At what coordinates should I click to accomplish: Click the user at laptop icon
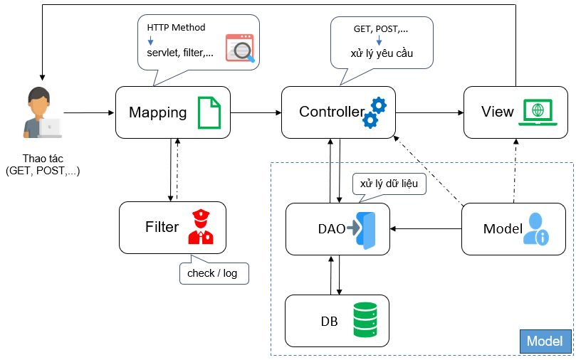(x=41, y=114)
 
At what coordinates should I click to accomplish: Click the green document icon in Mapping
(x=209, y=112)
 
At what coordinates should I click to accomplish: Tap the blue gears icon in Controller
(x=374, y=112)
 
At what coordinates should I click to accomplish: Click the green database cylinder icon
(x=365, y=320)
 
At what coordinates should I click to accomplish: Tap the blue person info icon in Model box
(x=535, y=228)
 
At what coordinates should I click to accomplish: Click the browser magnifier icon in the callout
(x=240, y=48)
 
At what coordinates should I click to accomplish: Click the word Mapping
(x=157, y=112)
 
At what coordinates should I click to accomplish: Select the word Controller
(x=331, y=112)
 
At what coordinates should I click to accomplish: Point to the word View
(x=497, y=112)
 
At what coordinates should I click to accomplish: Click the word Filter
(x=162, y=228)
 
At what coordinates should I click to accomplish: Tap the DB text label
(x=328, y=321)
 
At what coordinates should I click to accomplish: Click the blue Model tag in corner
(x=545, y=342)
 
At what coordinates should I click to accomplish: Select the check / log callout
(x=212, y=273)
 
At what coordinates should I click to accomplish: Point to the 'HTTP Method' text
(x=176, y=28)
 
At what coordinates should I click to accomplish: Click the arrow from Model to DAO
(x=426, y=228)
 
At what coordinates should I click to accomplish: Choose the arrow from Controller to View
(x=430, y=112)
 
